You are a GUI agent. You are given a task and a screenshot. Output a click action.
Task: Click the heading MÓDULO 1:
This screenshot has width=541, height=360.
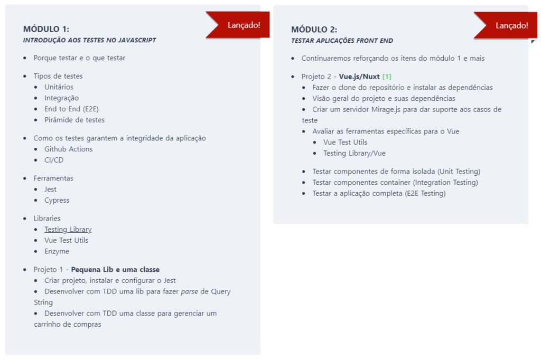(46, 29)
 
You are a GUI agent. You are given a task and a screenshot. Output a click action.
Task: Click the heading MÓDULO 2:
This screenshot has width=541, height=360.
(314, 30)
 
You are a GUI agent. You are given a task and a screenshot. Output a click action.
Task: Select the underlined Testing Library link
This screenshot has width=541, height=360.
(68, 229)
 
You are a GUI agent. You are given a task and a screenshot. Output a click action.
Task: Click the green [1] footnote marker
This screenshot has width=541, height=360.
(387, 77)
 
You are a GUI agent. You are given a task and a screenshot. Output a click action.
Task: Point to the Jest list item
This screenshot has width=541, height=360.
(50, 189)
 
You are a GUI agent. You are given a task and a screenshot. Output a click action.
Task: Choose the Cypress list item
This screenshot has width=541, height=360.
(57, 200)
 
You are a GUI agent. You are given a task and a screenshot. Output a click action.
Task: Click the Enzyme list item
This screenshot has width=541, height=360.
(57, 251)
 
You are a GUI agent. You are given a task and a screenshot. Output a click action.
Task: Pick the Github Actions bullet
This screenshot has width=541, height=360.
(68, 149)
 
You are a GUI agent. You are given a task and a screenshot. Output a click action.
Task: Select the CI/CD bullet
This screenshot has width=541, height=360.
(54, 160)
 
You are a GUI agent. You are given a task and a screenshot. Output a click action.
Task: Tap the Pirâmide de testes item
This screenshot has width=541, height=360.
(74, 120)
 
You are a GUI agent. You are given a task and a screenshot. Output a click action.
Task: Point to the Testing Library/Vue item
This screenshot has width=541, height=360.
(355, 153)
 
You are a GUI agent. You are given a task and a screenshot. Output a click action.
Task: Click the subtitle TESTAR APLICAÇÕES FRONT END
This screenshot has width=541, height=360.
(342, 41)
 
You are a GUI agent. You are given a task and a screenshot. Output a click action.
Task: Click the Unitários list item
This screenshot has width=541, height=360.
(59, 87)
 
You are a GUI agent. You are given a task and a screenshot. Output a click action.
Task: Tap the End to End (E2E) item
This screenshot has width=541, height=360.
(71, 109)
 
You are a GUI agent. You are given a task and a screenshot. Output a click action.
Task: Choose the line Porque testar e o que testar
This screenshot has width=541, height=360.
(79, 58)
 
